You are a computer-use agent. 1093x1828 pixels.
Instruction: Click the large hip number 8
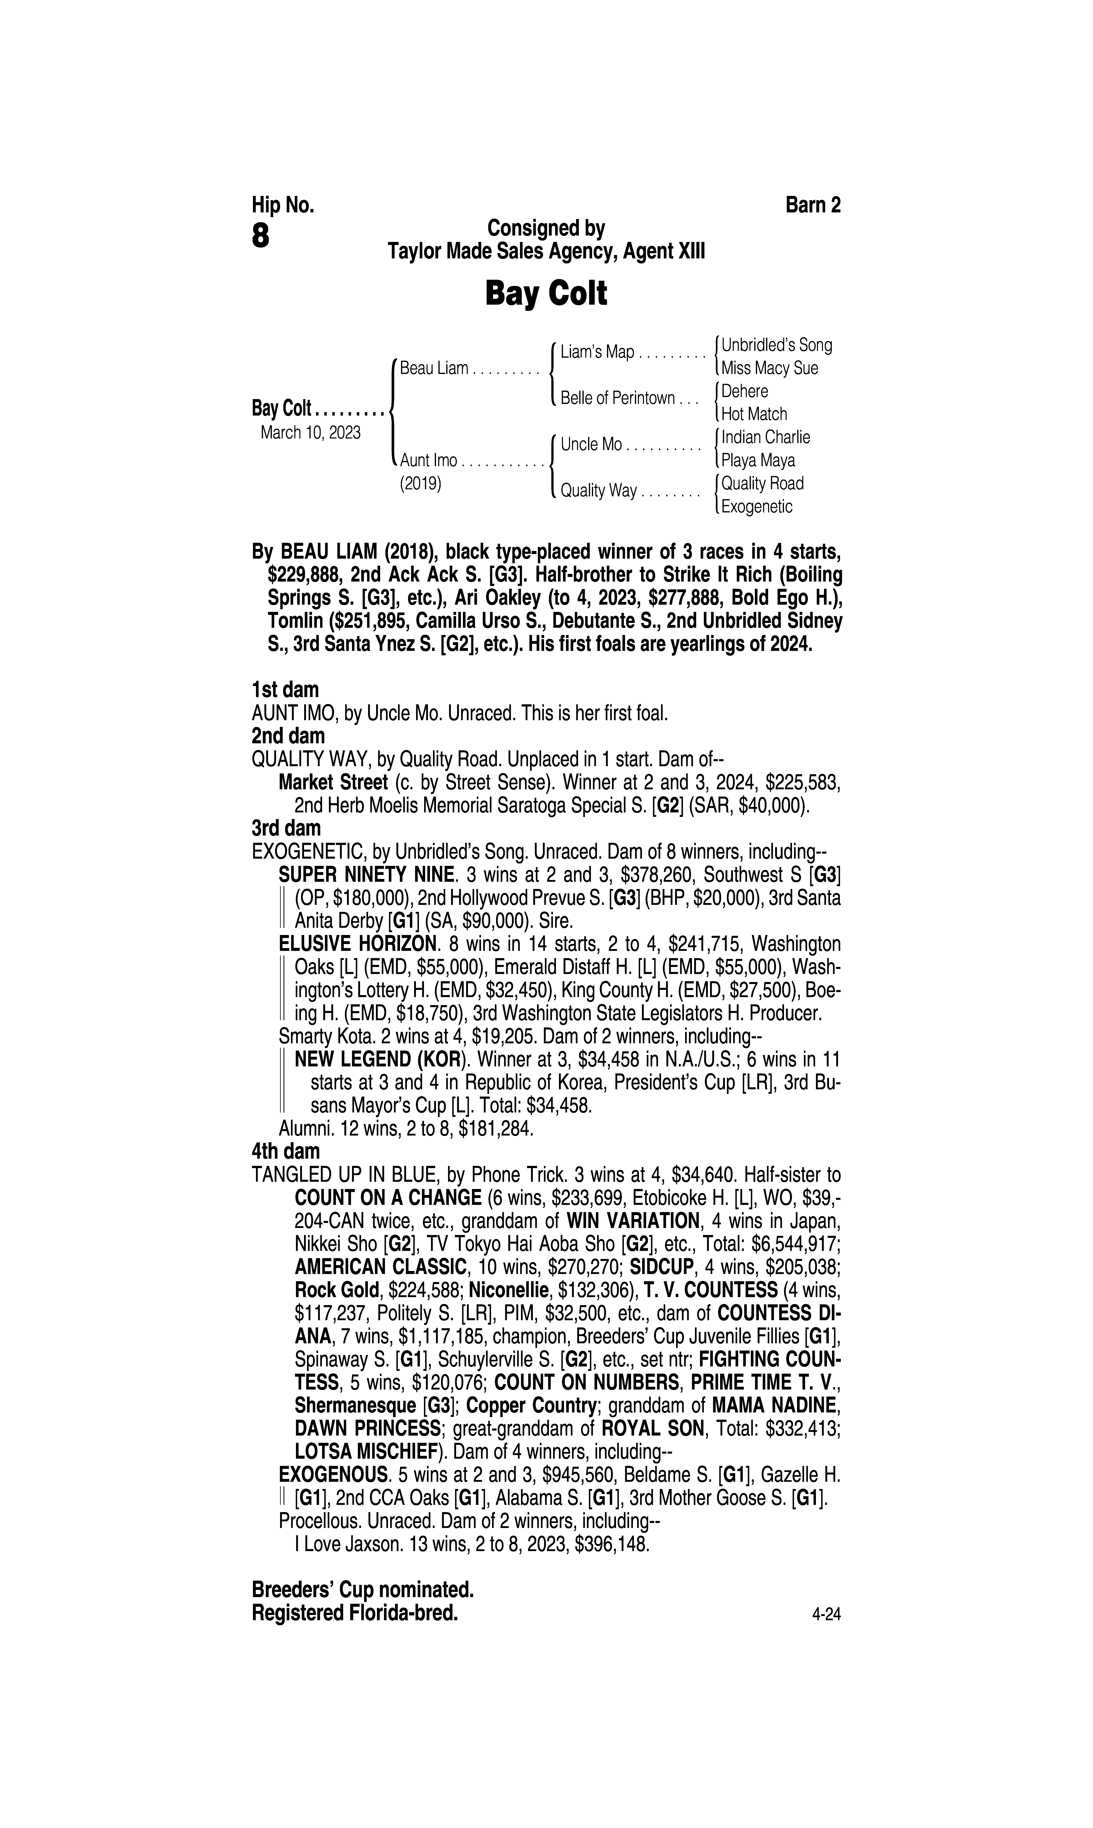[261, 237]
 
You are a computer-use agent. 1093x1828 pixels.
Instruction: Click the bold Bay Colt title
[546, 294]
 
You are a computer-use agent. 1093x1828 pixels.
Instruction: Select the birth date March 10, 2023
[310, 432]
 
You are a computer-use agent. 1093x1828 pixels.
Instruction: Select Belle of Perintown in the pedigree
[617, 398]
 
